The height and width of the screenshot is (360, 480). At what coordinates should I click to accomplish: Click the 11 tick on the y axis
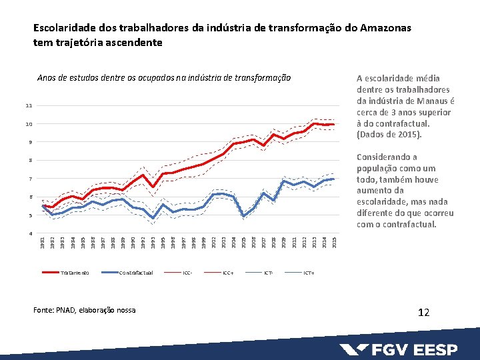tap(29, 106)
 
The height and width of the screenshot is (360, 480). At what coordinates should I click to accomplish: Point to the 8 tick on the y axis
tap(29, 161)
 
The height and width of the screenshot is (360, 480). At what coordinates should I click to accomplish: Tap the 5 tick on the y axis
tap(29, 215)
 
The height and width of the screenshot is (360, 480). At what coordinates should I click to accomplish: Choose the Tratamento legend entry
tap(73, 273)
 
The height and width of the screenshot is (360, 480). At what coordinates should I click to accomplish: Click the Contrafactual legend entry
tap(136, 273)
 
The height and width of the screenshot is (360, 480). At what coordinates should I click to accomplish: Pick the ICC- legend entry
tap(187, 273)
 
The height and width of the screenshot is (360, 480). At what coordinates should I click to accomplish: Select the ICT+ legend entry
tap(309, 273)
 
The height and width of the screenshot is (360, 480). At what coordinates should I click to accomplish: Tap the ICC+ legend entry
tap(228, 273)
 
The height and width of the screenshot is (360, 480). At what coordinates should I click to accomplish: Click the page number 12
tap(423, 311)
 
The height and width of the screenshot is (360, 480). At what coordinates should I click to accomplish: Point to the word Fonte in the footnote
tap(45, 310)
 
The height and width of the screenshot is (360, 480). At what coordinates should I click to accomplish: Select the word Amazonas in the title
tap(385, 29)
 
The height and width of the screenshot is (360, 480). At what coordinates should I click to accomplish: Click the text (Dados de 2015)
tap(390, 135)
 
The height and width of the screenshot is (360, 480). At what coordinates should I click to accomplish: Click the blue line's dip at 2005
tap(243, 215)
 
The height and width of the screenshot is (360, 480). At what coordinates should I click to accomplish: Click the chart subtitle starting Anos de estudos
tap(164, 78)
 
